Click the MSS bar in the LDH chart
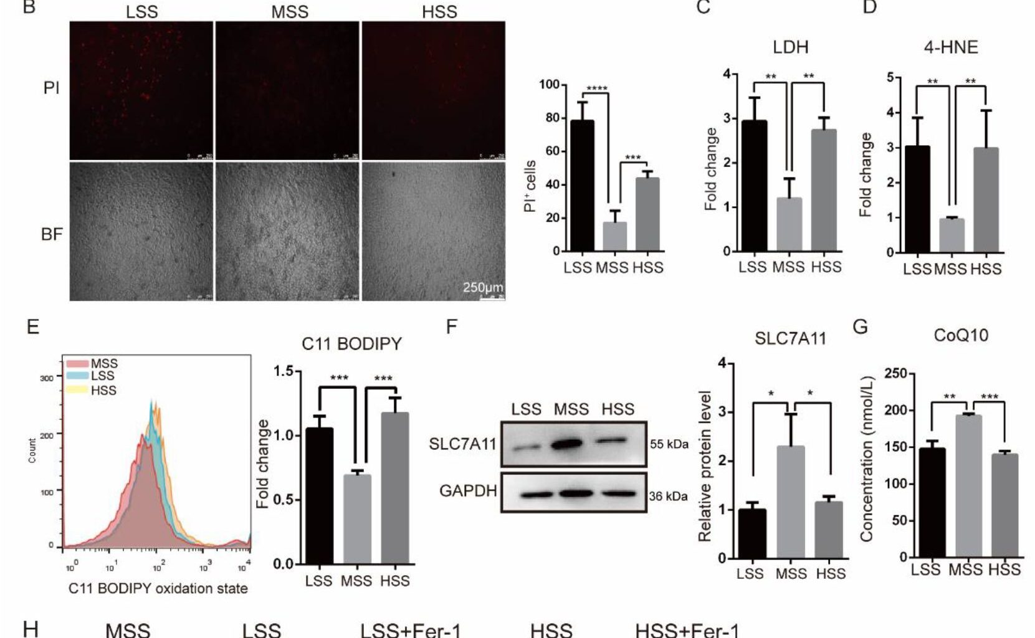pyautogui.click(x=789, y=224)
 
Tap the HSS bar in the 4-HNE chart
pyautogui.click(x=986, y=200)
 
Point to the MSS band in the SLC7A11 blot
pyautogui.click(x=568, y=444)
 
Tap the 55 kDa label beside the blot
pyautogui.click(x=669, y=444)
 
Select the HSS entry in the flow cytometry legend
pyautogui.click(x=103, y=390)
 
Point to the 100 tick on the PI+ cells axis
pyautogui.click(x=549, y=85)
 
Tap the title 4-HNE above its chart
pyautogui.click(x=950, y=47)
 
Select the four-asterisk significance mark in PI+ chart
pyautogui.click(x=596, y=88)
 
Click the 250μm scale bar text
pyautogui.click(x=482, y=287)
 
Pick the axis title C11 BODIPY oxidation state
pyautogui.click(x=158, y=588)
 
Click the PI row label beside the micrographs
pyautogui.click(x=52, y=88)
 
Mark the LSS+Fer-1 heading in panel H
pyautogui.click(x=411, y=630)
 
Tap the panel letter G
pyautogui.click(x=860, y=326)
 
